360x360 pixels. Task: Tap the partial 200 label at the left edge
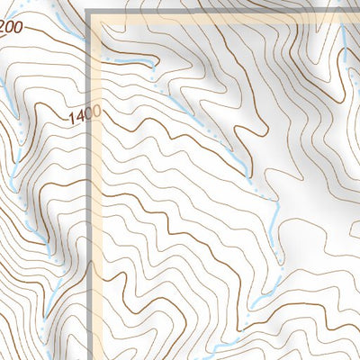coord(11,28)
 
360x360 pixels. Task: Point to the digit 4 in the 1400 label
coord(76,115)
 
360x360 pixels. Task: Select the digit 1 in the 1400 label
coord(69,117)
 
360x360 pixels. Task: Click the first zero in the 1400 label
coord(85,114)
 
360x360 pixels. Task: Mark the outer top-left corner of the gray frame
coord(88,9)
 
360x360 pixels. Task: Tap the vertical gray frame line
coord(91,225)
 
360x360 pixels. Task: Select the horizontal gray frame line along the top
coord(225,11)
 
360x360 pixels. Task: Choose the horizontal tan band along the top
coord(225,18)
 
